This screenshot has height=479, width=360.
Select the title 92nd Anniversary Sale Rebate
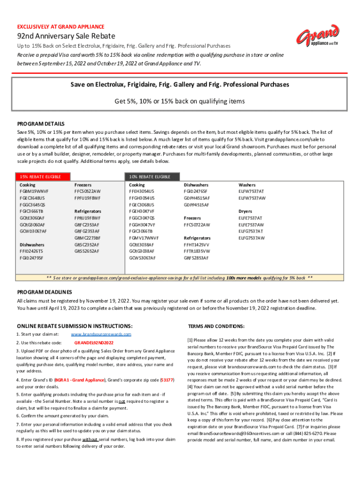click(x=66, y=36)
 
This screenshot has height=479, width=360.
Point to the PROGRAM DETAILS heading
click(x=41, y=124)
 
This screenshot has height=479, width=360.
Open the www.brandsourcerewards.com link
click(x=101, y=334)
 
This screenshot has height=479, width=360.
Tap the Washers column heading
click(x=247, y=185)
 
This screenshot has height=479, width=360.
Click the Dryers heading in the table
click(x=245, y=211)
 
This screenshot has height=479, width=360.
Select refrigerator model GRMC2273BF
click(x=87, y=238)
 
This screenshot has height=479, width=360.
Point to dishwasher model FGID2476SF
click(x=196, y=191)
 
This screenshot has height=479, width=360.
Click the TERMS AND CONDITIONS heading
click(x=216, y=326)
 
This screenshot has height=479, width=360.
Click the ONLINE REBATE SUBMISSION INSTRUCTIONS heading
click(x=75, y=326)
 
